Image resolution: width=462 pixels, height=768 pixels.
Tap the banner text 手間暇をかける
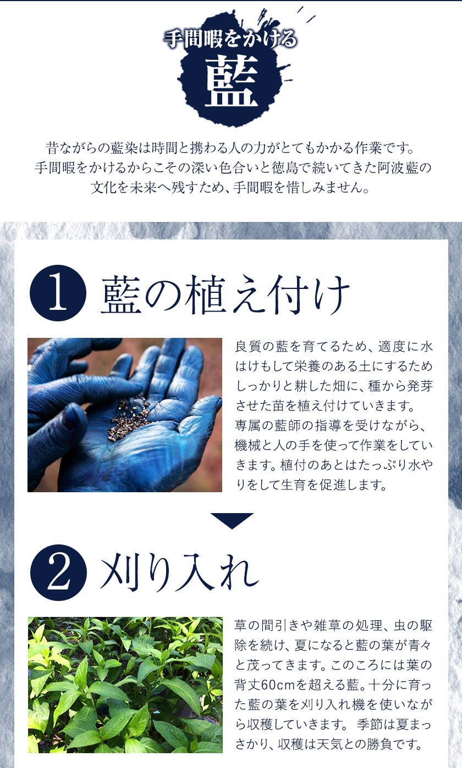click(230, 38)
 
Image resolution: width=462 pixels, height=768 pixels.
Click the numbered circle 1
click(58, 293)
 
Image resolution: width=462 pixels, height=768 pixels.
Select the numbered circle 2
click(58, 572)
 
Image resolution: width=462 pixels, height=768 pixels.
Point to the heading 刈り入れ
click(179, 572)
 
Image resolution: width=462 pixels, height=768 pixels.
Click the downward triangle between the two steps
click(232, 520)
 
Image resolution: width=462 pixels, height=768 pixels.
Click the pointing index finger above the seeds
click(86, 391)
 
